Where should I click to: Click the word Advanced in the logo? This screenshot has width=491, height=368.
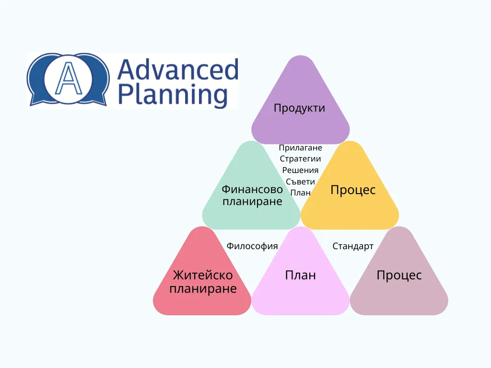click(178, 69)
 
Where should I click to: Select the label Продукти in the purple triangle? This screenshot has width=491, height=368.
click(299, 108)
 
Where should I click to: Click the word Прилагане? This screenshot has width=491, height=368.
click(300, 148)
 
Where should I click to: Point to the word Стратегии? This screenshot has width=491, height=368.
click(300, 159)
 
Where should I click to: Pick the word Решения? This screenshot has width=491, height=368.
click(300, 170)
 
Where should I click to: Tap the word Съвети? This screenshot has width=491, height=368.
click(300, 182)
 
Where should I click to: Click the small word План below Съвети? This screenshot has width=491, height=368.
click(300, 193)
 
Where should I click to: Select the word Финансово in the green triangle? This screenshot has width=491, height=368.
click(252, 189)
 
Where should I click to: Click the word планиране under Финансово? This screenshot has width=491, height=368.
click(252, 202)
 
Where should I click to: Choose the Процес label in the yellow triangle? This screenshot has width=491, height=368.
click(353, 190)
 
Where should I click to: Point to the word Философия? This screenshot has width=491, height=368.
click(252, 246)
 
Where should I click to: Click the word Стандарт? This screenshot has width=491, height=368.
click(353, 246)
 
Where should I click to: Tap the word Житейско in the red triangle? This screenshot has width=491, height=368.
click(203, 276)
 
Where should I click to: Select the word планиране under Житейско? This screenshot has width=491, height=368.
click(203, 289)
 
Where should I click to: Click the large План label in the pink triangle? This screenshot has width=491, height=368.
click(300, 276)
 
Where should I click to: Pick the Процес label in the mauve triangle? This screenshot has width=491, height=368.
click(399, 276)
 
